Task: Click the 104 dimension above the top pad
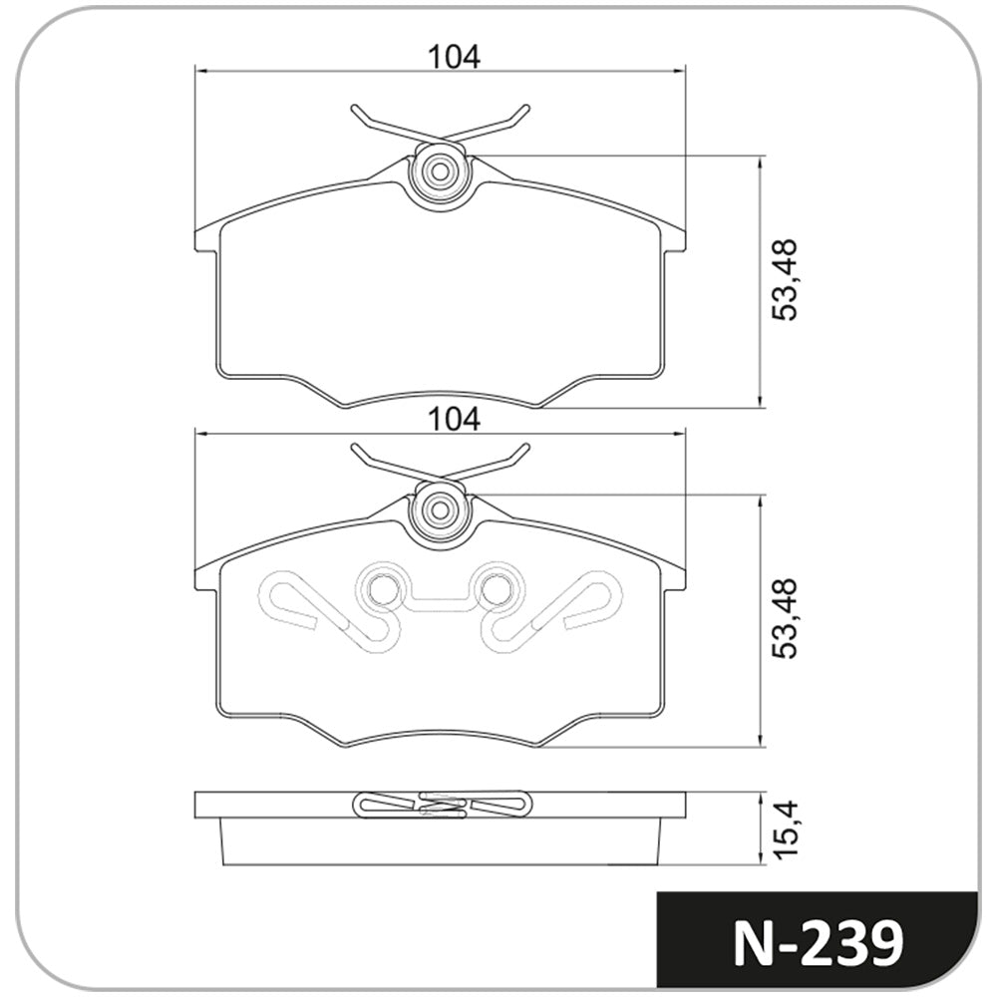point(454,57)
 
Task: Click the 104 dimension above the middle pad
point(454,420)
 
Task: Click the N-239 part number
point(819,943)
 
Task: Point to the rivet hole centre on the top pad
point(440,171)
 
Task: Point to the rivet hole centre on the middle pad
point(440,509)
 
